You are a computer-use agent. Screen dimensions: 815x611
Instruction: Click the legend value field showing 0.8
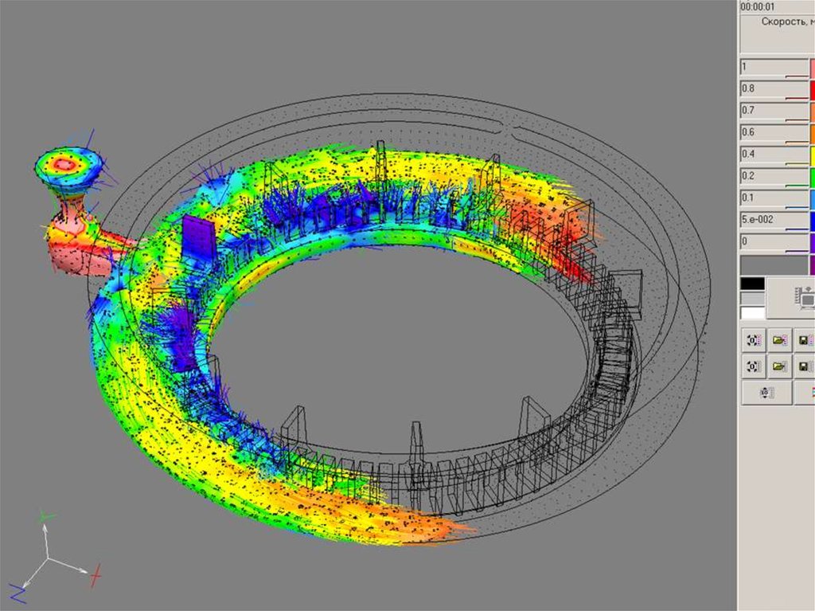pyautogui.click(x=774, y=89)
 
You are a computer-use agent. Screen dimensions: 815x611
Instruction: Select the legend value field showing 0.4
pyautogui.click(x=774, y=155)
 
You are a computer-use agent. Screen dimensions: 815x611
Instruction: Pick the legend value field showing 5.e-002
pyautogui.click(x=774, y=220)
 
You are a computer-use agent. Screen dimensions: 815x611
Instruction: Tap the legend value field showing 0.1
pyautogui.click(x=774, y=198)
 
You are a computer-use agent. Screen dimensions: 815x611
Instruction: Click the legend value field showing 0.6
pyautogui.click(x=774, y=133)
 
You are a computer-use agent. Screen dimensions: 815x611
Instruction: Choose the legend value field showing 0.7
pyautogui.click(x=774, y=111)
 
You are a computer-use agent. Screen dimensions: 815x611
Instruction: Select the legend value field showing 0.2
pyautogui.click(x=774, y=176)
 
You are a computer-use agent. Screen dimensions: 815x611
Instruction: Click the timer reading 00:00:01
pyautogui.click(x=758, y=6)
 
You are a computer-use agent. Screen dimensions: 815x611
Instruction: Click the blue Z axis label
pyautogui.click(x=18, y=593)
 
